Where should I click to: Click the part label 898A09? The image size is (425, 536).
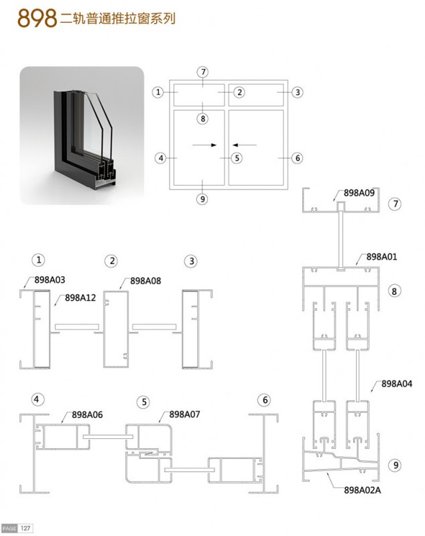[x=359, y=193]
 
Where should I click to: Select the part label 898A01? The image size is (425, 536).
[x=381, y=257]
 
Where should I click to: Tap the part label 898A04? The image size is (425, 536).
[x=397, y=384]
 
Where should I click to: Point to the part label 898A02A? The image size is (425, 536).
[x=362, y=490]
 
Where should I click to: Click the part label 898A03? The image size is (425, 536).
[x=50, y=280]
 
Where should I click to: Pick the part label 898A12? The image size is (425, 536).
[x=80, y=297]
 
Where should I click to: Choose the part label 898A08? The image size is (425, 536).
[x=145, y=281]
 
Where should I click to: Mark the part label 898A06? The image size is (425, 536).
[x=87, y=415]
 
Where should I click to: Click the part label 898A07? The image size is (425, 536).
[x=184, y=414]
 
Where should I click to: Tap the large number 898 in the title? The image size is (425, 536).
[x=37, y=18]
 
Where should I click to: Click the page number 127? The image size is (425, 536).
[x=25, y=528]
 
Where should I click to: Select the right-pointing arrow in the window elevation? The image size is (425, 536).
[x=204, y=145]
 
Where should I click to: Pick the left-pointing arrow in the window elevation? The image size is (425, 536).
[x=245, y=145]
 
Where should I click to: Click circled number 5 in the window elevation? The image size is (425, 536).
[x=237, y=158]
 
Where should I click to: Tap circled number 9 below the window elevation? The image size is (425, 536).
[x=202, y=199]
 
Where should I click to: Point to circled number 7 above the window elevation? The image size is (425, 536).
[x=203, y=72]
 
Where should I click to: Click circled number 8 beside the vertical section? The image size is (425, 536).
[x=394, y=291]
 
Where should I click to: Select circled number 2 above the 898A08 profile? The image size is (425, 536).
[x=112, y=261]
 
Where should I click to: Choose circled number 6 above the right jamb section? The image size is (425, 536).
[x=265, y=400]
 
